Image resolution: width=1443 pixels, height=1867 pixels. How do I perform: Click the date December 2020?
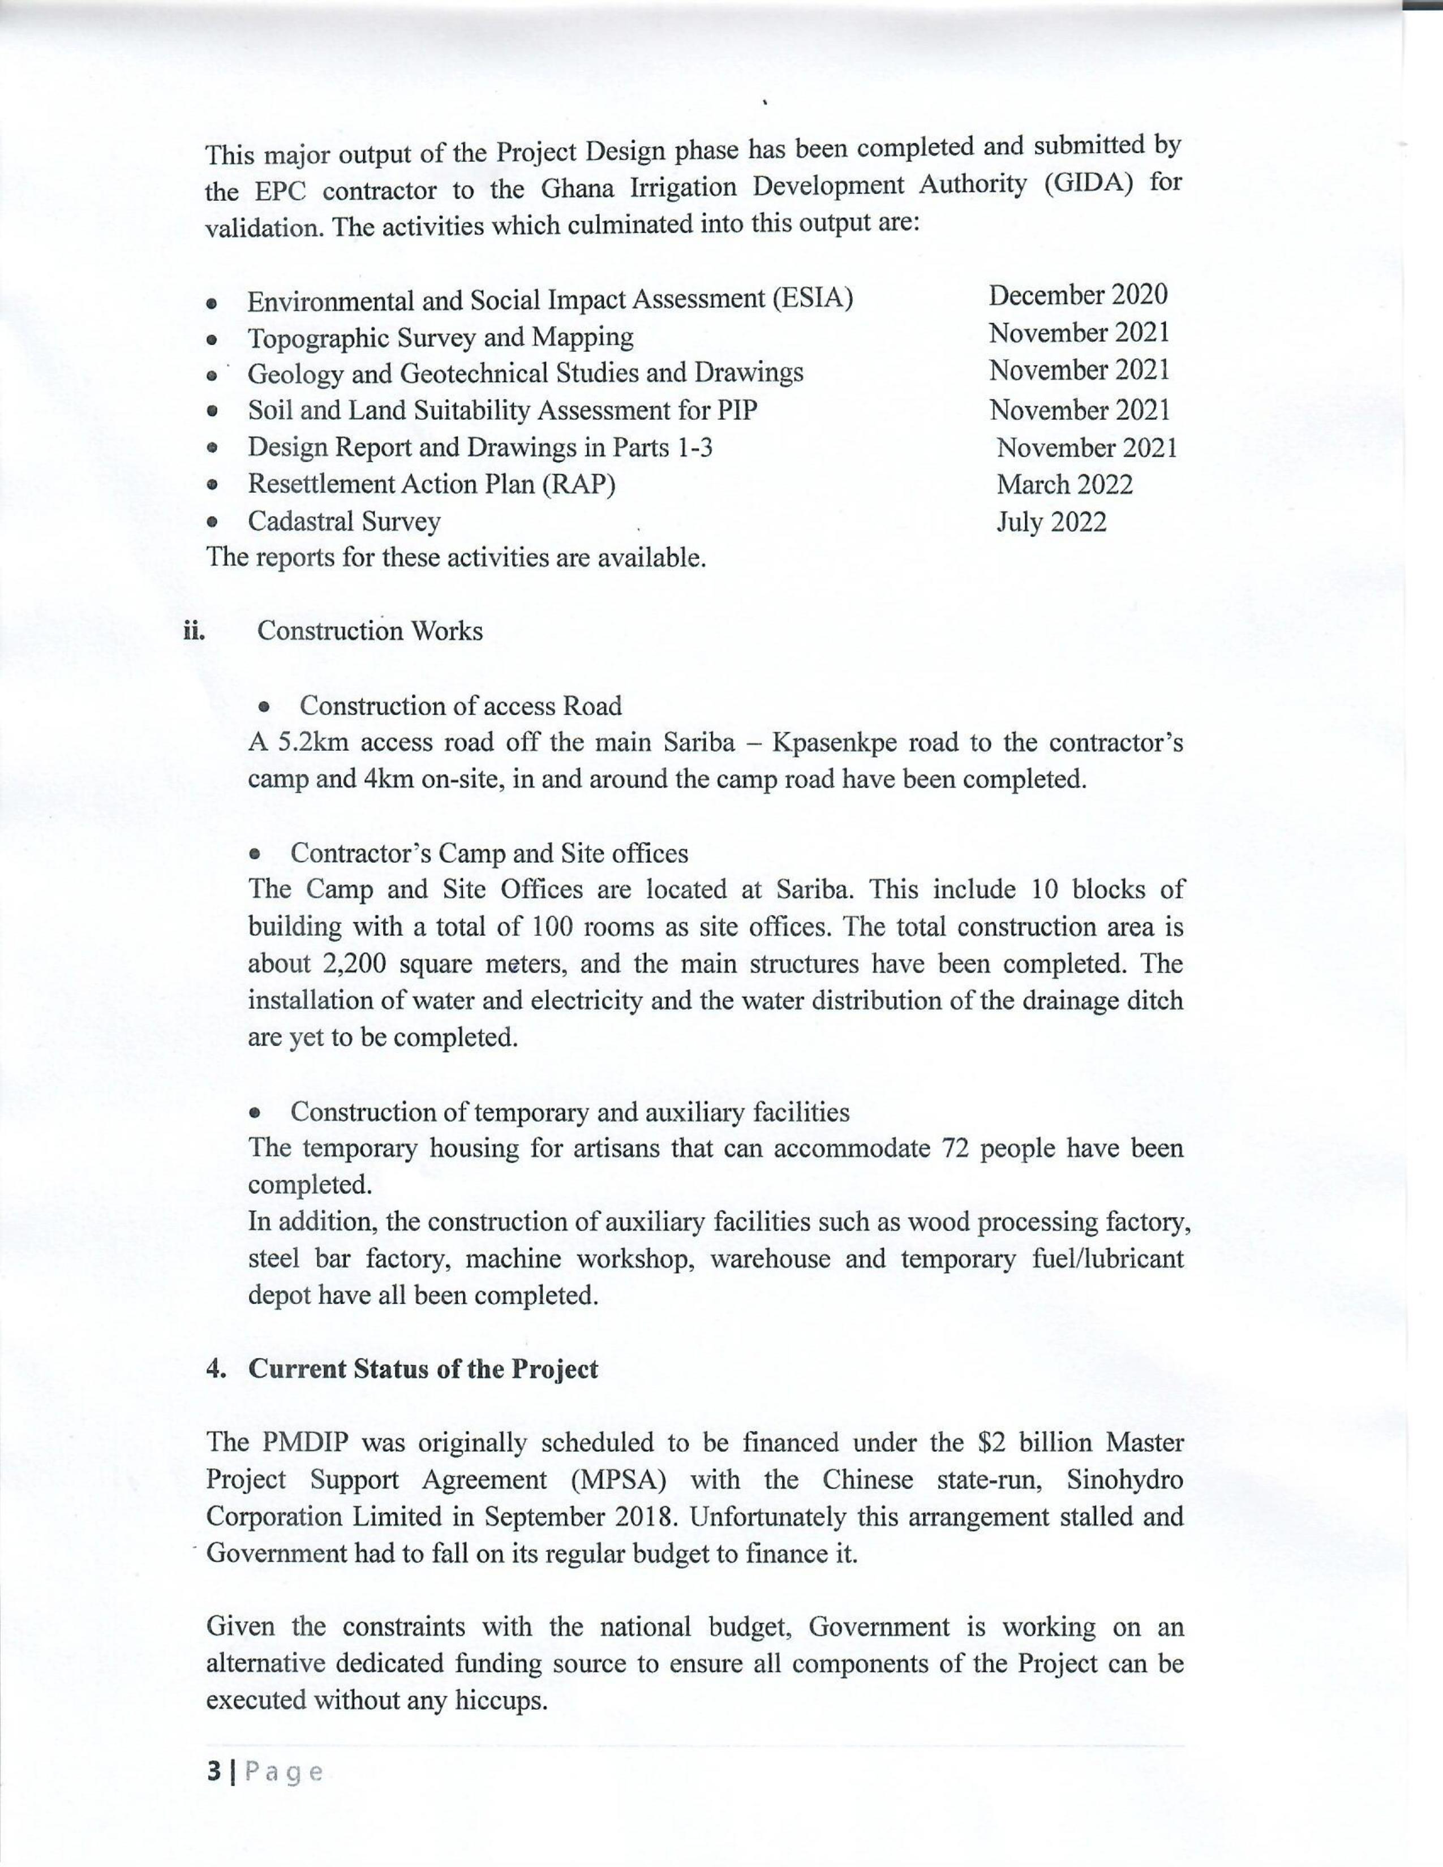pos(1077,295)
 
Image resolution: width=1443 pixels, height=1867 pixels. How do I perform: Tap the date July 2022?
pos(1051,522)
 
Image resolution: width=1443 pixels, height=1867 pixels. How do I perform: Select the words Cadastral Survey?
pos(343,522)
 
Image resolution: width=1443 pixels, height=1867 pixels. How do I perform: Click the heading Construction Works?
pos(370,631)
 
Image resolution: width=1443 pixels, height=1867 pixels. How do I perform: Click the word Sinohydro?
pos(1125,1480)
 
